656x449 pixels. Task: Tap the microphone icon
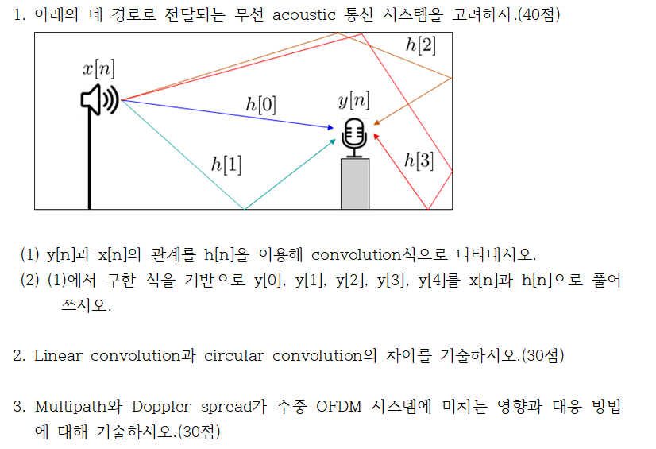pos(353,134)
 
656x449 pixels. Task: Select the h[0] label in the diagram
pos(261,104)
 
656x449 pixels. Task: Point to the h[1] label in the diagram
pos(226,165)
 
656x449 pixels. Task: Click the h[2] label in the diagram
pos(420,45)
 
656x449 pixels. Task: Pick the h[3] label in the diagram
pos(419,160)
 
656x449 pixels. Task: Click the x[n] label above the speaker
pos(98,69)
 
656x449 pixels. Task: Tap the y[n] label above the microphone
pos(353,100)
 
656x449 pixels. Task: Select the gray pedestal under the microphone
pos(354,184)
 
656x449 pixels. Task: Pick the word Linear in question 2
pos(58,355)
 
